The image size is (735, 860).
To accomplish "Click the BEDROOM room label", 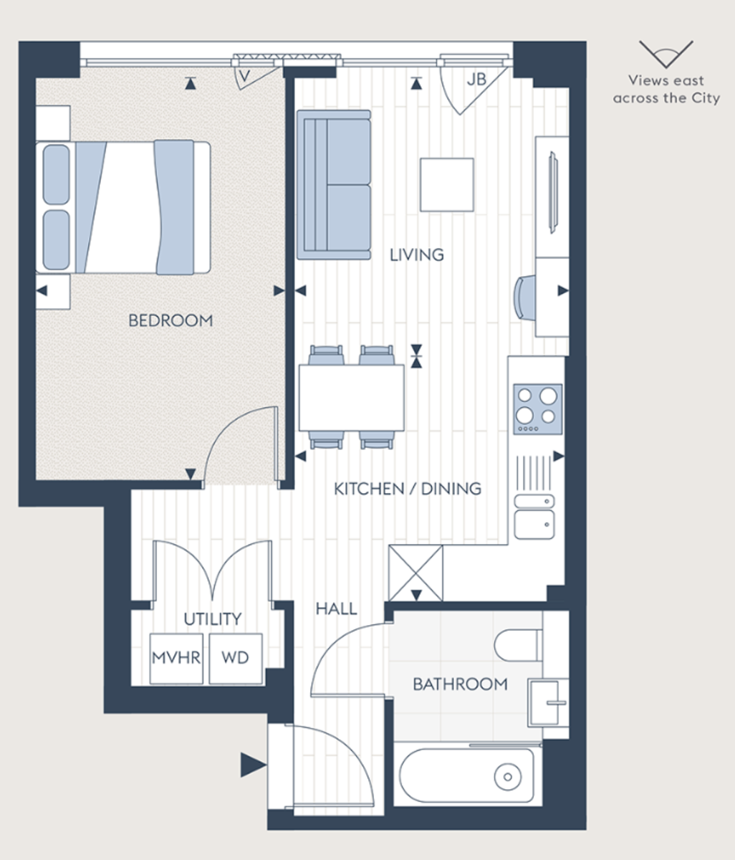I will (170, 320).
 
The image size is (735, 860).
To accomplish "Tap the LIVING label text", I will (416, 254).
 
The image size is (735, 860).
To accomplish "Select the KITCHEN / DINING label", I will (407, 489).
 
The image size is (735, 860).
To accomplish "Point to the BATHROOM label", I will (460, 684).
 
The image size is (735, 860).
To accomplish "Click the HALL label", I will (337, 609).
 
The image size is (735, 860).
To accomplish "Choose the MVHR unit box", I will (176, 658).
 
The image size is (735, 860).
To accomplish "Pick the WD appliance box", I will (235, 658).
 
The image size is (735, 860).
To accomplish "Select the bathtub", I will (466, 775).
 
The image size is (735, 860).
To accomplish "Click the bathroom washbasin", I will (547, 702).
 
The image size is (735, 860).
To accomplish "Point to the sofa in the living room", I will (334, 184).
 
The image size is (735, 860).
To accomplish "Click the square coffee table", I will (446, 185).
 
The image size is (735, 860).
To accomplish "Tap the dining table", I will (351, 398).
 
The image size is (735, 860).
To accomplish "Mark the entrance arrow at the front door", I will (252, 765).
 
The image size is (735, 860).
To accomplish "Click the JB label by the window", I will (476, 80).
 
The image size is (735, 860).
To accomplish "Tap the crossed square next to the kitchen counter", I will (415, 573).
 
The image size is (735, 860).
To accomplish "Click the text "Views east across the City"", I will (666, 90).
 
